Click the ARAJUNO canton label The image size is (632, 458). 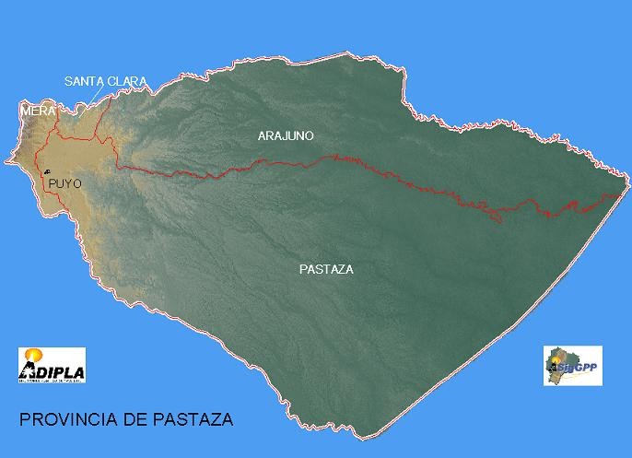(x=286, y=135)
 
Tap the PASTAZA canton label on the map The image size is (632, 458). (x=327, y=270)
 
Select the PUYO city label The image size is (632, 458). (x=65, y=183)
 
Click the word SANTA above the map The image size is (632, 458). (x=85, y=81)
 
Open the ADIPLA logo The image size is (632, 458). (x=52, y=364)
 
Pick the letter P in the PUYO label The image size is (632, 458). (x=53, y=183)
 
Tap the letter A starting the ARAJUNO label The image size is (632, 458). (x=262, y=135)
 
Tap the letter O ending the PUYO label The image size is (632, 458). (x=77, y=183)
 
